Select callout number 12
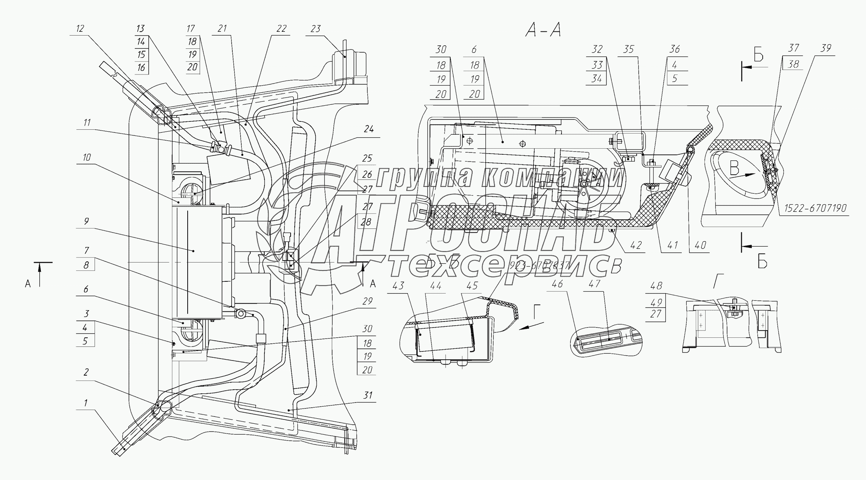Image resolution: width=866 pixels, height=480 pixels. [x=80, y=29]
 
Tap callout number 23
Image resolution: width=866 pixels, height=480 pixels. [x=316, y=29]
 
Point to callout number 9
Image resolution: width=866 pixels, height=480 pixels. [x=86, y=221]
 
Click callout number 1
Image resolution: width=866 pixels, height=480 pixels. [x=86, y=403]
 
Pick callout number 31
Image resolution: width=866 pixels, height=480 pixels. [x=367, y=395]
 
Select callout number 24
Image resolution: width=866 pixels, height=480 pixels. [x=368, y=129]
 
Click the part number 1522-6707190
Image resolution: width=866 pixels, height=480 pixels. [x=815, y=208]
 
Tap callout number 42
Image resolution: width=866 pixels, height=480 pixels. [x=636, y=245]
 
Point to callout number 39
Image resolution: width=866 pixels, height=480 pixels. [x=826, y=48]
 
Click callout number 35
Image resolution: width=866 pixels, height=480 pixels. [x=628, y=50]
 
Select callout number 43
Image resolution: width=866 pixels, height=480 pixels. [x=398, y=286]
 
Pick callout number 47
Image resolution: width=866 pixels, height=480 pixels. [x=594, y=284]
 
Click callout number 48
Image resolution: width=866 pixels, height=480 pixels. [x=656, y=286]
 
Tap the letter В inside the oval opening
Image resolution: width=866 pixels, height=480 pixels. [x=734, y=168]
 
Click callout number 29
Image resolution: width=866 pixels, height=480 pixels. [x=367, y=301]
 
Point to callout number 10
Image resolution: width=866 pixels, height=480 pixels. [x=87, y=157]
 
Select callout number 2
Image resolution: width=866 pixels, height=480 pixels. [x=86, y=372]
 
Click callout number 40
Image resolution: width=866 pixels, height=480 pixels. [x=700, y=245]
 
